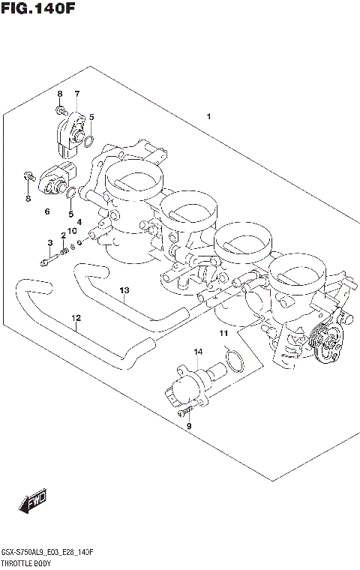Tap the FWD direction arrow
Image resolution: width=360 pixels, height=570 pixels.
coord(34,502)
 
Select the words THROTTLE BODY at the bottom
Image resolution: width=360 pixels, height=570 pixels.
coord(27,562)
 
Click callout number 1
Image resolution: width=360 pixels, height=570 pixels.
coord(208,116)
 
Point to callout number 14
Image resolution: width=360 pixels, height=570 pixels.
coord(198,351)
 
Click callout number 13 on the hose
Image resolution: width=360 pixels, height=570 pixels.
coord(124,290)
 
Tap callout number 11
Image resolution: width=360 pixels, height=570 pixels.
coord(223,332)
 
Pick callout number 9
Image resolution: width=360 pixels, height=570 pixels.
coord(189,426)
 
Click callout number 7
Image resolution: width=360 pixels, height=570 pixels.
coord(76,94)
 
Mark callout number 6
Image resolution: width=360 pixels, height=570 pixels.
coord(46,212)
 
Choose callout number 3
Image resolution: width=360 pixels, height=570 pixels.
coord(50,242)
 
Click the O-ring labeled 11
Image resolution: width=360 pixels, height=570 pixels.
coord(234,361)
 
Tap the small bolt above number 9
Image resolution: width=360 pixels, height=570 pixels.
coord(184,410)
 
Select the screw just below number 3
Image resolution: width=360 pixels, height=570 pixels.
coord(46,262)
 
